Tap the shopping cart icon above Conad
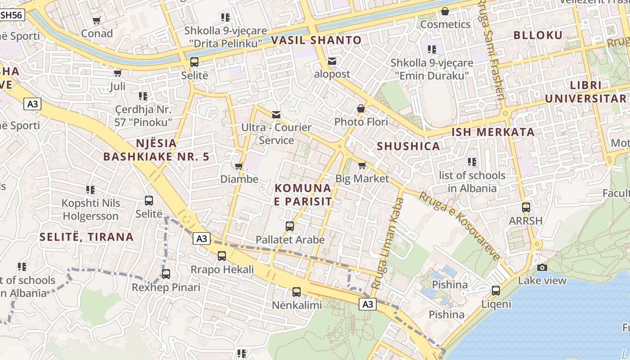[x=97, y=20]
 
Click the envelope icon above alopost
[x=332, y=61]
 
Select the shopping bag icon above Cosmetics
[x=445, y=11]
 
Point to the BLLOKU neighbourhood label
[x=538, y=35]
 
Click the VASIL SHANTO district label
[x=316, y=40]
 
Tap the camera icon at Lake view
[x=542, y=267]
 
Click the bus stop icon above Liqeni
[x=496, y=291]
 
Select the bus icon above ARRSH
[x=526, y=207]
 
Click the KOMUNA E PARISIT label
[x=303, y=194]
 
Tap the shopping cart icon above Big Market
[x=362, y=165]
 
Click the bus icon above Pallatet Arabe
[x=290, y=226]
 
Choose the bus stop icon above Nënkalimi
[x=297, y=292]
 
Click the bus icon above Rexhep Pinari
[x=166, y=274]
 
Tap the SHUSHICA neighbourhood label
[x=408, y=146]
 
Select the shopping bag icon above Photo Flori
[x=361, y=108]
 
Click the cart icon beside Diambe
[x=239, y=166]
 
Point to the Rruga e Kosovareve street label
[x=459, y=226]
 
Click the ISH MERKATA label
[x=493, y=132]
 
